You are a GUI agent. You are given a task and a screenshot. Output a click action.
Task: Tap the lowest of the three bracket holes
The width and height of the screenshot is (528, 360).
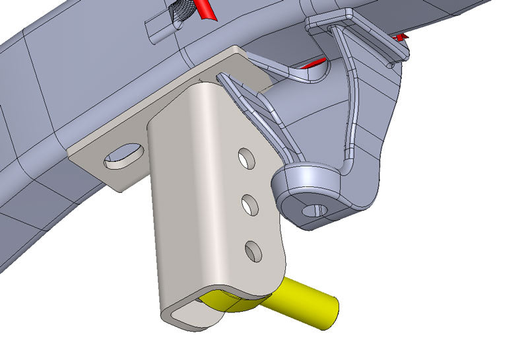[x=253, y=251]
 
